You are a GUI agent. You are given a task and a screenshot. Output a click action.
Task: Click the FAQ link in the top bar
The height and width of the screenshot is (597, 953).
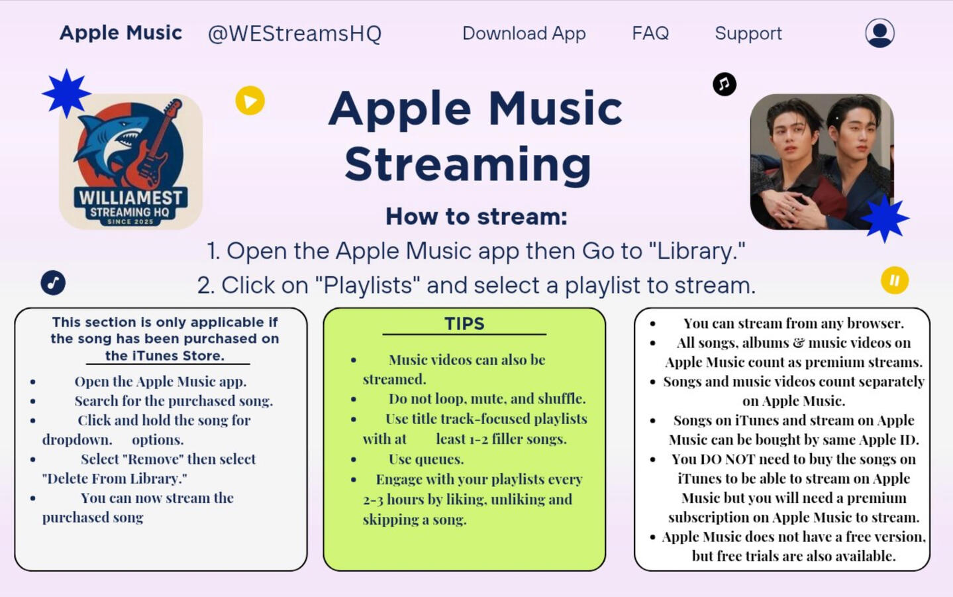(x=650, y=33)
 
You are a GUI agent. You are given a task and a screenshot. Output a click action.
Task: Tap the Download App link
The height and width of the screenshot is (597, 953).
(x=524, y=34)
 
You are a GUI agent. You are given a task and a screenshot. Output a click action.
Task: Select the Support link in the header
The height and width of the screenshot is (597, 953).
(x=748, y=34)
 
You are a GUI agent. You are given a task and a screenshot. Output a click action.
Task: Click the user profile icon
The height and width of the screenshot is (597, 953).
(x=879, y=32)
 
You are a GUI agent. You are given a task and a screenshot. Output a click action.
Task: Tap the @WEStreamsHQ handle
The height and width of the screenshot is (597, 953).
(x=295, y=34)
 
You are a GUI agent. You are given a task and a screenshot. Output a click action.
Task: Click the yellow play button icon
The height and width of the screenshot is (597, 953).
(x=250, y=101)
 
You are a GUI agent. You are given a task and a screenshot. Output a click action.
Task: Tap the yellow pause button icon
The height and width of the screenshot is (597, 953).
(x=895, y=280)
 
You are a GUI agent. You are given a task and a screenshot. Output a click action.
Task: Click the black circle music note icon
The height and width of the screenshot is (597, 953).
(x=725, y=84)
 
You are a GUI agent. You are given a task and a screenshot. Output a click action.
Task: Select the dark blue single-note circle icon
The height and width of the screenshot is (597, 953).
(x=53, y=282)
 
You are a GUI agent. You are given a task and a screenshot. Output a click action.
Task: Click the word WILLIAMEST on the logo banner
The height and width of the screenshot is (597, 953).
(x=130, y=198)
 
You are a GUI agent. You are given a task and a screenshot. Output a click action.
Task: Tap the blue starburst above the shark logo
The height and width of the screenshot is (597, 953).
(x=66, y=93)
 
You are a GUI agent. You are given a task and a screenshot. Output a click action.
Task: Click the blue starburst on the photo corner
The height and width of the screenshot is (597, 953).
(x=885, y=219)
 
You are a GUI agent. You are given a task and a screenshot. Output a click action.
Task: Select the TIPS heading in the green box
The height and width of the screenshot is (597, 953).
(x=465, y=324)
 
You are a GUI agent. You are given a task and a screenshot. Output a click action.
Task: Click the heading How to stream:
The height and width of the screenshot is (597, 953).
(x=477, y=216)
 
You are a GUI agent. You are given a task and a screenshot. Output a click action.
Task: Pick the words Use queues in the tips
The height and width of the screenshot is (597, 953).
(x=426, y=459)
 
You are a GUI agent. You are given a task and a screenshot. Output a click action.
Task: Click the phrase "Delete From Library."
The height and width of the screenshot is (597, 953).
(x=115, y=478)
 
